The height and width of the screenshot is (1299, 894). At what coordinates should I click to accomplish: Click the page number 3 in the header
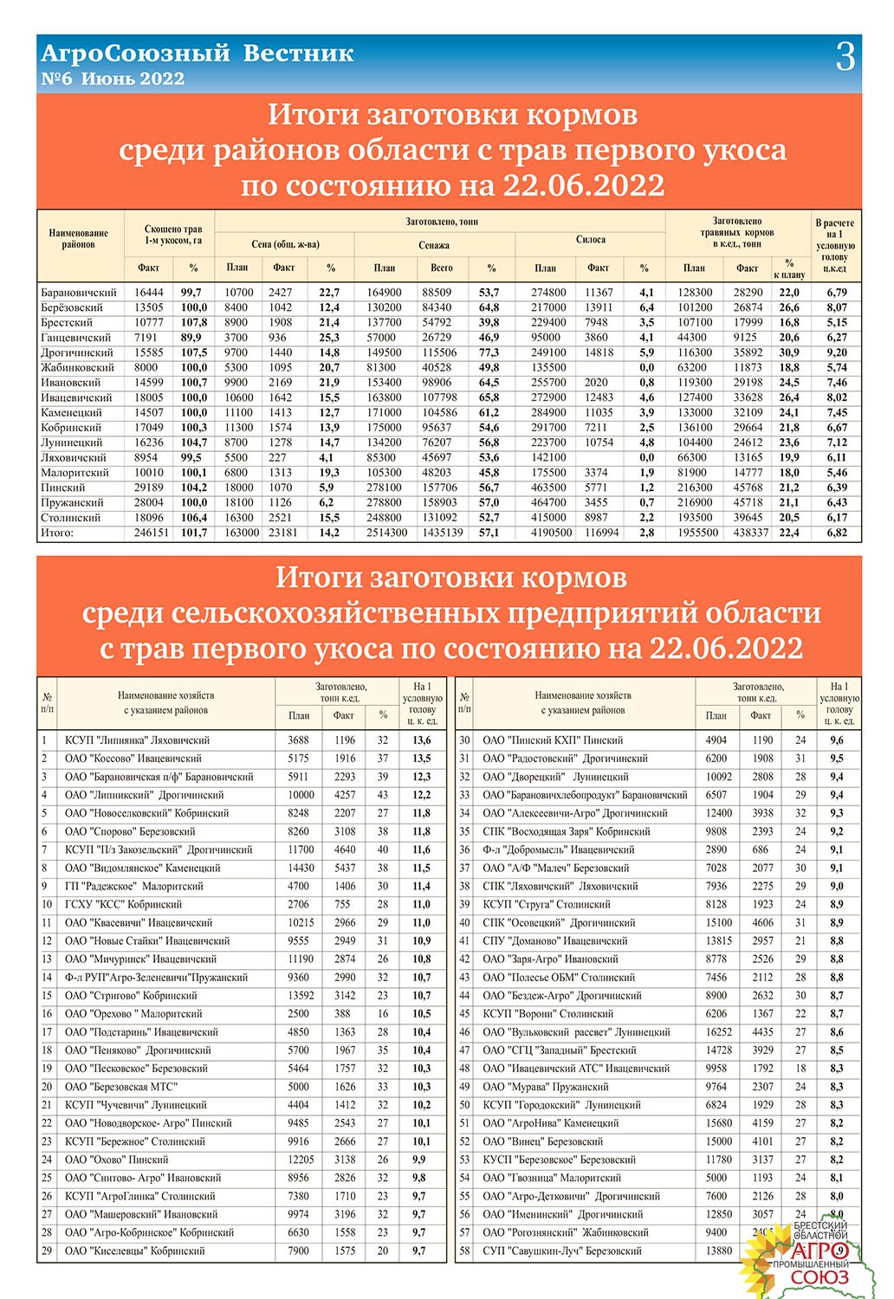845,57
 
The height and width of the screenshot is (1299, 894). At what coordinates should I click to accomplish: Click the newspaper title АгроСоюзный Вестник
198,53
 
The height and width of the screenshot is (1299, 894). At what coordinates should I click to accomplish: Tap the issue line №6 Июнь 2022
113,79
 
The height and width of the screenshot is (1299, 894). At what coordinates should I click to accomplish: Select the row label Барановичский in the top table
79,293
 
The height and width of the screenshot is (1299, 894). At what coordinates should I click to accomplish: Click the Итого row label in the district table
57,533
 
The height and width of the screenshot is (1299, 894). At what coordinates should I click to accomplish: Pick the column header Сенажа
434,245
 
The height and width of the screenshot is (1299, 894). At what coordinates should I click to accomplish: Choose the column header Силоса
591,240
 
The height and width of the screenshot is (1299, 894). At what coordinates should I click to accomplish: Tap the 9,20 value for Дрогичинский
836,352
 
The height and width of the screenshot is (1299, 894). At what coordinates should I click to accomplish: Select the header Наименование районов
79,239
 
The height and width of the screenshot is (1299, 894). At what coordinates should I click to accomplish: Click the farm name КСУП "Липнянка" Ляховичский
137,740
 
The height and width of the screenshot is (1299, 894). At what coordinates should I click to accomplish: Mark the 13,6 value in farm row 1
421,740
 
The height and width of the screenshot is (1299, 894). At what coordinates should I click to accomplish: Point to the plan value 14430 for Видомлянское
301,868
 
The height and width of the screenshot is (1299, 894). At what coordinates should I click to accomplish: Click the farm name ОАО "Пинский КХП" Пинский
553,740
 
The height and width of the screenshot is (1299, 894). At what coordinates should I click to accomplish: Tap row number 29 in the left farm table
47,1251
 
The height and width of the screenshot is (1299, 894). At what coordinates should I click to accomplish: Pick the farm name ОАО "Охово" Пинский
117,1160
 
